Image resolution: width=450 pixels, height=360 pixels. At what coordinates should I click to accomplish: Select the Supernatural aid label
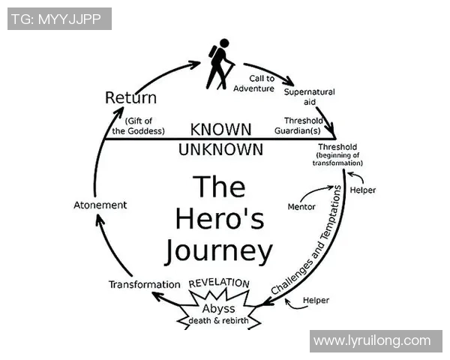point(309,96)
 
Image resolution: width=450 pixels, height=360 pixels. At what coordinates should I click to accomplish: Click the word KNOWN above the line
point(220,129)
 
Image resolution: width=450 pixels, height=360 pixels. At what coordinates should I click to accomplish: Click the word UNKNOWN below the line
point(220,148)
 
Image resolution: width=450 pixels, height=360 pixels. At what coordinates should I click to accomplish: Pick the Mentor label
point(301,206)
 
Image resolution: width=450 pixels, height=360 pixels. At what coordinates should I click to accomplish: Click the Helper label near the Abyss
point(316,300)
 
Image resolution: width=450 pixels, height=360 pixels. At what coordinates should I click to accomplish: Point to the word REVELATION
point(219,283)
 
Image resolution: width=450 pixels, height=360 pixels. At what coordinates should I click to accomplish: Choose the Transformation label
point(144,284)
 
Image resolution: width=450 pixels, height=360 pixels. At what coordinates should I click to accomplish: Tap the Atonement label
point(100,205)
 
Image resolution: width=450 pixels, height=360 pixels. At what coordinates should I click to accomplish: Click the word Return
point(130,97)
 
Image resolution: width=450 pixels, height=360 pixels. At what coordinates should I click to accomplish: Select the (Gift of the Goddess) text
point(139,125)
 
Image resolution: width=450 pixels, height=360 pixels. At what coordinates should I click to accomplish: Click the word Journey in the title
point(218,249)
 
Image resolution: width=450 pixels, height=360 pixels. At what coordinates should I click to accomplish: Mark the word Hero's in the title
point(218,217)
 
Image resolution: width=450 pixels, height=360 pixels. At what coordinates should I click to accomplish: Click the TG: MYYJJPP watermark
point(59,19)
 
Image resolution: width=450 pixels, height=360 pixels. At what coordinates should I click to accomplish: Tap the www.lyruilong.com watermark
point(372,340)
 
